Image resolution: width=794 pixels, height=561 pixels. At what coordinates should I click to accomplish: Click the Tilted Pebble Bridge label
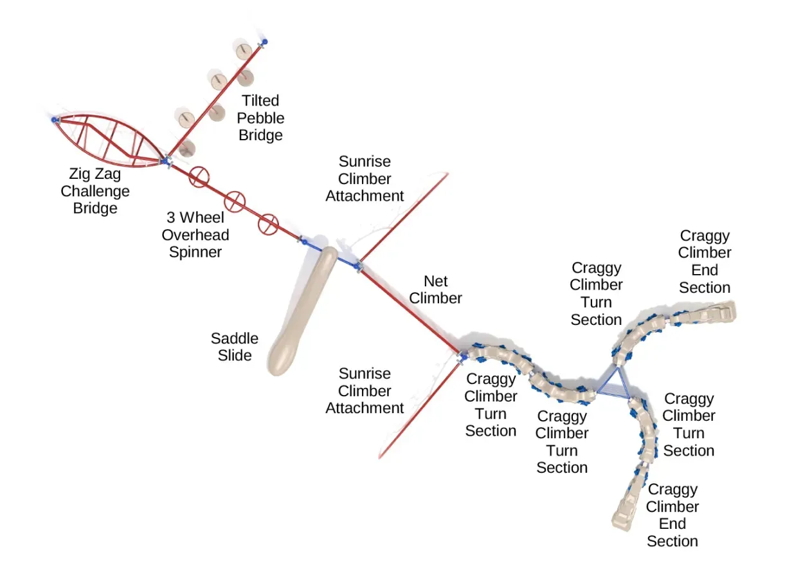[260, 118]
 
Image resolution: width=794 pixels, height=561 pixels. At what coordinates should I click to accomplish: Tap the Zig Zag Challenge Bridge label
[95, 191]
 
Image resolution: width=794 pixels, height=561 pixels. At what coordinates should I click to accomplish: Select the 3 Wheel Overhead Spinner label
[195, 235]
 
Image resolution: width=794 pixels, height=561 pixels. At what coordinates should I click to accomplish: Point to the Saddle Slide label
[235, 347]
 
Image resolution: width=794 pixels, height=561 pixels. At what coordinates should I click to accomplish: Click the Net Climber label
[436, 290]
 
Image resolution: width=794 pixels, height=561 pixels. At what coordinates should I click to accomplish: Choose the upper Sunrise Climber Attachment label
[365, 178]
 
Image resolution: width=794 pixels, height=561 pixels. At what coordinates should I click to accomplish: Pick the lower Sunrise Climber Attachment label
[365, 391]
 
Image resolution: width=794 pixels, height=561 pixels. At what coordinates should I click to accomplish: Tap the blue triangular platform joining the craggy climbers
[614, 385]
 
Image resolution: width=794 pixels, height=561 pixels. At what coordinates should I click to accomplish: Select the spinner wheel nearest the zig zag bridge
[199, 176]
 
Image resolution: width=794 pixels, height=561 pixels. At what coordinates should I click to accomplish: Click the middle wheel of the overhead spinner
[234, 201]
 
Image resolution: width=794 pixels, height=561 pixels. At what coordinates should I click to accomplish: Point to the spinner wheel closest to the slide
[268, 224]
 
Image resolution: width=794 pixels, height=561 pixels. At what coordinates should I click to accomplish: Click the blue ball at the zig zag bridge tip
[54, 120]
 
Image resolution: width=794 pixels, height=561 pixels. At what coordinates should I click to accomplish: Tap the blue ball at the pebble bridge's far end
[264, 42]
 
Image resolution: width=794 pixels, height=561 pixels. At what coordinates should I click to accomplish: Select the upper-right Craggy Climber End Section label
[705, 261]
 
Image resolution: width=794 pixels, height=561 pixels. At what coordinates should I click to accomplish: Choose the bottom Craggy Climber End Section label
[672, 515]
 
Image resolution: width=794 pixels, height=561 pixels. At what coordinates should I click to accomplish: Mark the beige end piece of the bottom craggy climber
[626, 513]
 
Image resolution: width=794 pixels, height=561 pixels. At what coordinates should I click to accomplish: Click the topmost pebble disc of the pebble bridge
[244, 50]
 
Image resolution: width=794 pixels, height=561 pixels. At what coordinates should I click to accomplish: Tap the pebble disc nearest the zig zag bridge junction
[187, 148]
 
